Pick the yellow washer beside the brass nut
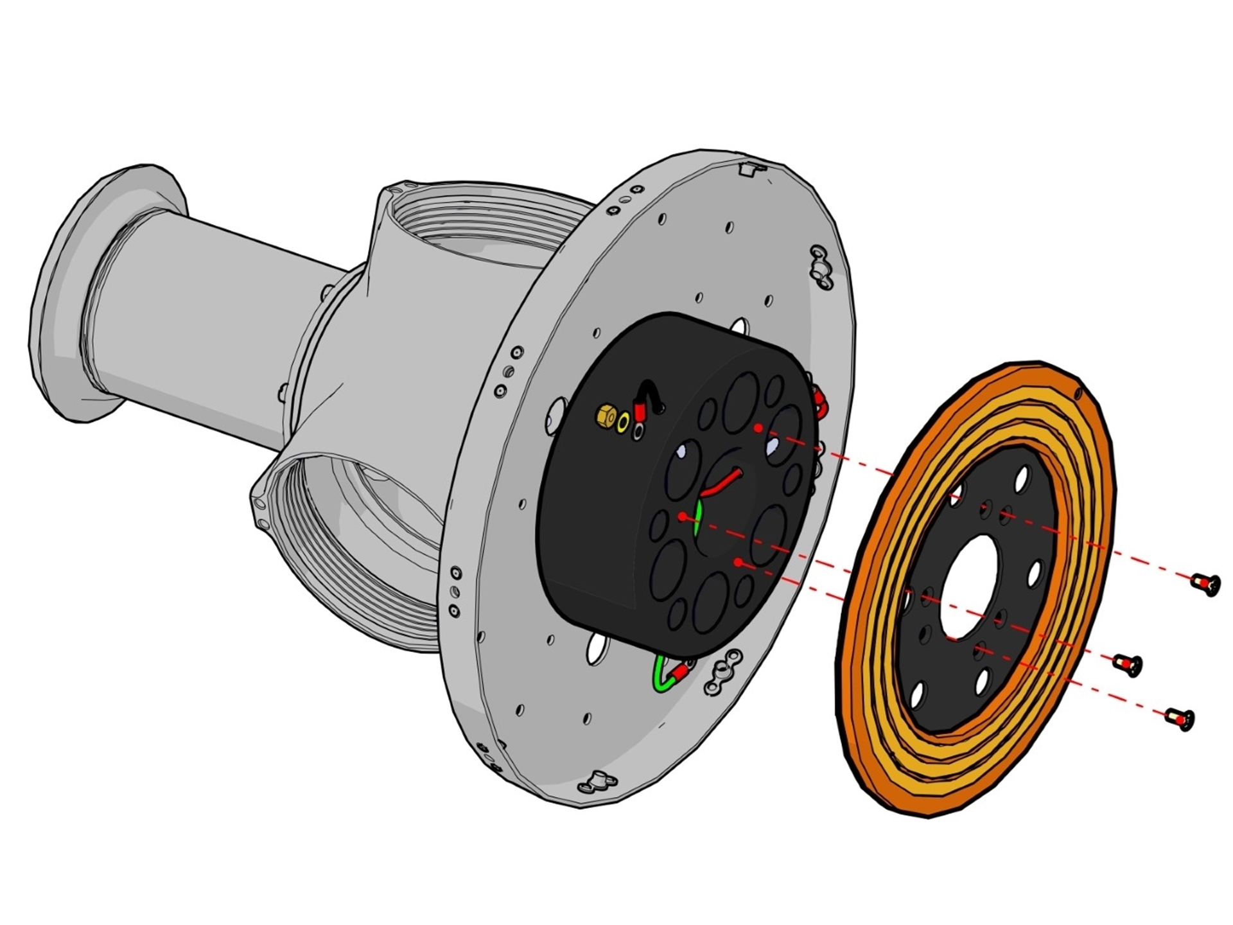tap(622, 422)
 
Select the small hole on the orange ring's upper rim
tap(1078, 392)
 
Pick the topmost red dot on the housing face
tap(758, 428)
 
